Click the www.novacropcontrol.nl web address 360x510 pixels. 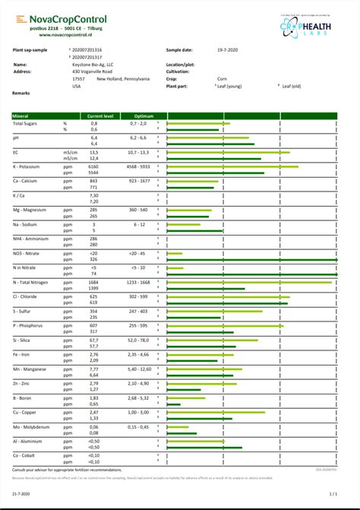[x=66, y=35]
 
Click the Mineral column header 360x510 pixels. [x=21, y=116]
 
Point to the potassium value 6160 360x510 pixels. [x=93, y=166]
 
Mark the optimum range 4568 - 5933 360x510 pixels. [x=137, y=166]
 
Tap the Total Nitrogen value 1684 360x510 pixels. [x=93, y=282]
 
